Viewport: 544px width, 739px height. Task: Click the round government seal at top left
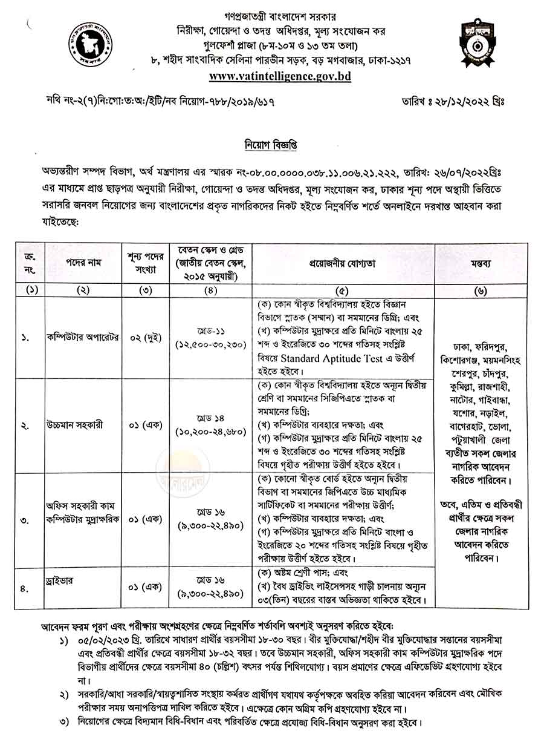(x=90, y=46)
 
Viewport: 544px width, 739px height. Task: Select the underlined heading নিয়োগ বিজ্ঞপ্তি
(x=271, y=145)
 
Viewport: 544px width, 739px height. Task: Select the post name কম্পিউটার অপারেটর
(x=83, y=338)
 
